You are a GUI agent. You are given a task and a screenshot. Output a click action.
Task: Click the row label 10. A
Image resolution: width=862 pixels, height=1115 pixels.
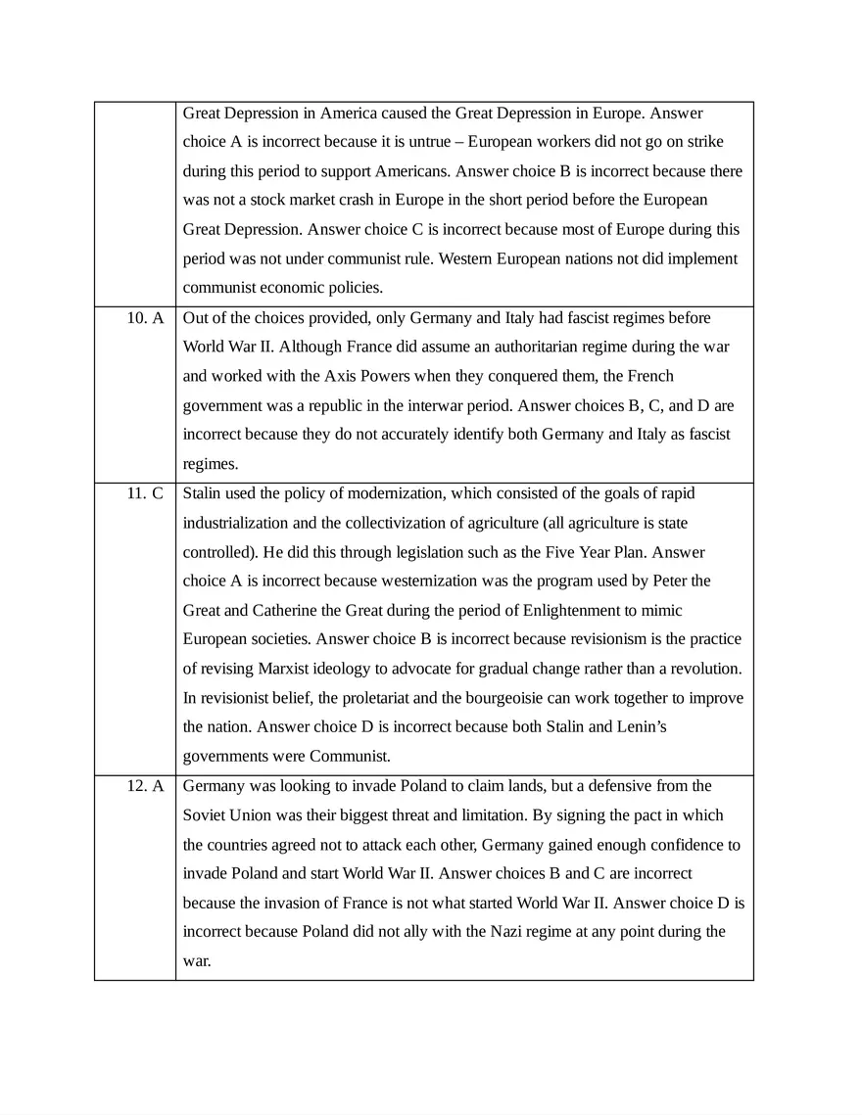pos(145,318)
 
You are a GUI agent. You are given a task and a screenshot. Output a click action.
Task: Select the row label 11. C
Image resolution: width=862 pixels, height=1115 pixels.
pos(145,493)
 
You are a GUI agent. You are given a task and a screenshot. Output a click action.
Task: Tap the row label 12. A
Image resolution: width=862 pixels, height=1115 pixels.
pos(145,786)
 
